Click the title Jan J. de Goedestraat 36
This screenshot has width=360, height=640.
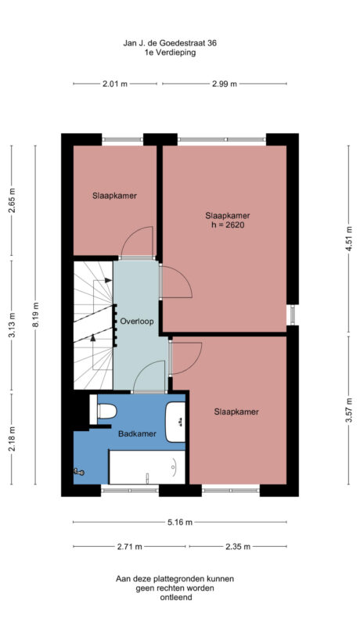tap(170, 44)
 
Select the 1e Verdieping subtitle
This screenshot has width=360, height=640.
tap(170, 53)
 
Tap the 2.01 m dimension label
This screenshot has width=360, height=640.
tap(115, 84)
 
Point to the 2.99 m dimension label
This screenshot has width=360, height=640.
tap(225, 84)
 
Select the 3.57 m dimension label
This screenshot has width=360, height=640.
tap(348, 410)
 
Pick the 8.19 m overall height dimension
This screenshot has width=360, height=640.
tap(36, 320)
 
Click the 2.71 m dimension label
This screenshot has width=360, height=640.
tap(130, 546)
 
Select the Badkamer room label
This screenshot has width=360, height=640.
tap(137, 433)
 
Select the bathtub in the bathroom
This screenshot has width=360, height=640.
tap(146, 466)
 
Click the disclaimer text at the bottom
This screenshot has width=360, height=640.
tap(175, 588)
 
